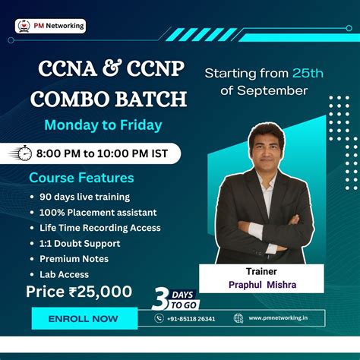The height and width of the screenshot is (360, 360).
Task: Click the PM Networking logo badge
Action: pos(51,26)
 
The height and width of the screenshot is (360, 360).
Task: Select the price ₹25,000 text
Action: pos(79,292)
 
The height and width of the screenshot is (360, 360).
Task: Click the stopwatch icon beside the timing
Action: pos(25,153)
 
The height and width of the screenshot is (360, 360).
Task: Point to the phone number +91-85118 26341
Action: pos(191,319)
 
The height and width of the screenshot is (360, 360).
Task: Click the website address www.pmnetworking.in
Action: pos(285,319)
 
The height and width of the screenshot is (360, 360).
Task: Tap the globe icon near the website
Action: pos(238,319)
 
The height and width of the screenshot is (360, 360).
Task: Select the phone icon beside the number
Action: pos(159,319)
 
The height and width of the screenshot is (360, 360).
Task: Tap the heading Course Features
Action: pos(81,178)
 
